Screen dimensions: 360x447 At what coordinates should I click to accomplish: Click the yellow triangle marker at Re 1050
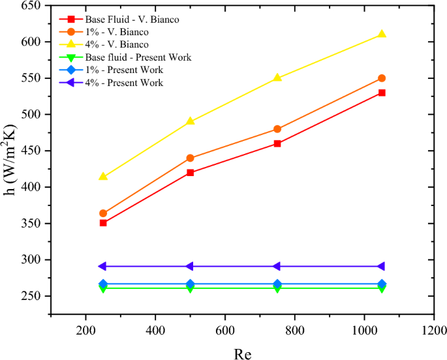click(x=382, y=34)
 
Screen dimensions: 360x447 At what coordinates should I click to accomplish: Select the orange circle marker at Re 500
click(x=191, y=158)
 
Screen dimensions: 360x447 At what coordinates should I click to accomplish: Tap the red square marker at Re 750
click(x=277, y=143)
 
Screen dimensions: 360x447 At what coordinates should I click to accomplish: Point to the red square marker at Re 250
click(x=103, y=222)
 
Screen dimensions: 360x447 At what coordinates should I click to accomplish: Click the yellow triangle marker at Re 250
click(x=103, y=177)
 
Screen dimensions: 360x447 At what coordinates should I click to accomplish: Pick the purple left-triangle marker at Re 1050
click(x=381, y=266)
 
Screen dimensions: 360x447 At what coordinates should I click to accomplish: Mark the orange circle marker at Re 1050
click(x=382, y=78)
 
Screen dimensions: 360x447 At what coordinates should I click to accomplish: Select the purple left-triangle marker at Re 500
click(x=190, y=266)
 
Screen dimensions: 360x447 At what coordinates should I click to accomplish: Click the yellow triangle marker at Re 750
click(x=277, y=78)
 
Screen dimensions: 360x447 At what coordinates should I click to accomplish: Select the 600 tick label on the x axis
click(x=225, y=330)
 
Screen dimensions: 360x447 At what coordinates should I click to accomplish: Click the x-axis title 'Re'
click(x=242, y=352)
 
